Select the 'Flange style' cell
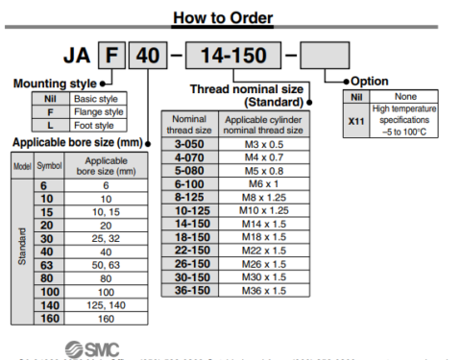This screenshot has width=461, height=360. (99, 111)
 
